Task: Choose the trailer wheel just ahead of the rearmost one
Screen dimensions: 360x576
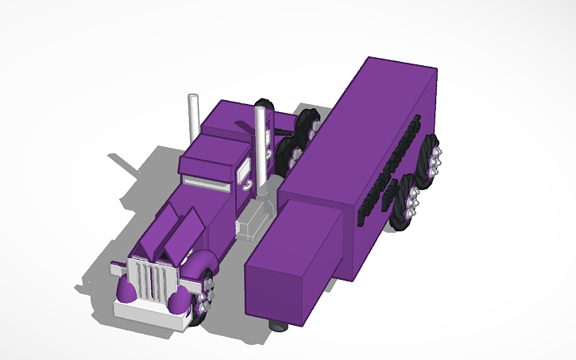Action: coord(404,202)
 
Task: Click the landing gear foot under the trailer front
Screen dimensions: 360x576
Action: coord(278,325)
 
